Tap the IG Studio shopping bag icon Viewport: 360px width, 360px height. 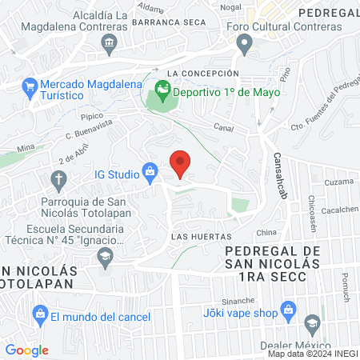[150, 170]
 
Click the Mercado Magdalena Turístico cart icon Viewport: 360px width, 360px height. [30, 85]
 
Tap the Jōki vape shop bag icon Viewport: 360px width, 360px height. [290, 312]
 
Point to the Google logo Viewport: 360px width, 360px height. [26, 350]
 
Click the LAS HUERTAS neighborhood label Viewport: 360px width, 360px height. [201, 237]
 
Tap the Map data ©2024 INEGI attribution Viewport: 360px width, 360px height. [312, 354]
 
